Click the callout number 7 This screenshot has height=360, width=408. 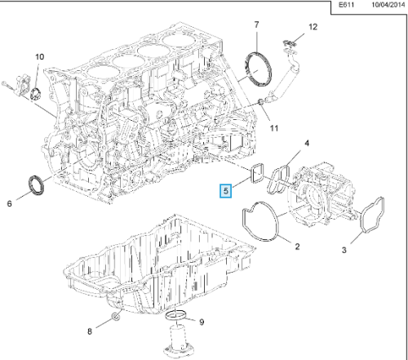pos(256,25)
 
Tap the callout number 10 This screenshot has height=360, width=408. pos(38,56)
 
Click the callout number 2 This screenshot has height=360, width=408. pos(297,246)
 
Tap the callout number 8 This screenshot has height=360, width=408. pos(90,331)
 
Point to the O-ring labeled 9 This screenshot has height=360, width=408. pos(176,317)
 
